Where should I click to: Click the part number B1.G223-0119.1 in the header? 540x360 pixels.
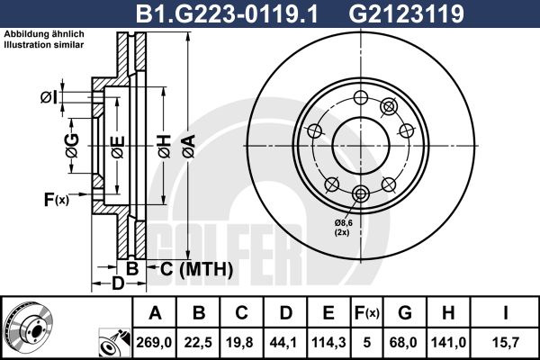coord(226,13)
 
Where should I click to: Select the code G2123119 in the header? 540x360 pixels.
coord(407,13)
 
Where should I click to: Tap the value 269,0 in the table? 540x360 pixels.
coord(154,343)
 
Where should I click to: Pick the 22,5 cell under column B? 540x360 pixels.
coord(198,343)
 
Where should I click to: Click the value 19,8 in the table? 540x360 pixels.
coord(242,343)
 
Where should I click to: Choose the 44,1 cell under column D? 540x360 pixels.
coord(285,343)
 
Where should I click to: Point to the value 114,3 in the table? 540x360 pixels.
coord(328,343)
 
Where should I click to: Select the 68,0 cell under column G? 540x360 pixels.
coord(405,343)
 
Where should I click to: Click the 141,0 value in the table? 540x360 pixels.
coord(448,343)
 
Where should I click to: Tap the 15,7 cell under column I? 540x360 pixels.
coord(505,343)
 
